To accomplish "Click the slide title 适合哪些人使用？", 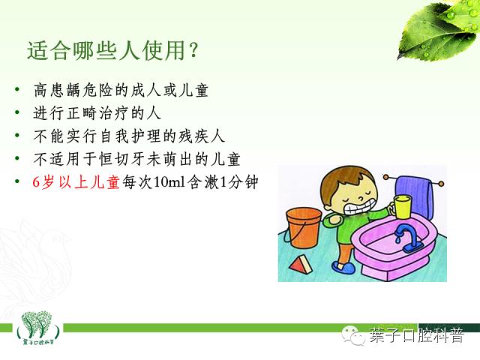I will [x=112, y=51].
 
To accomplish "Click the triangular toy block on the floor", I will [x=304, y=264].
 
